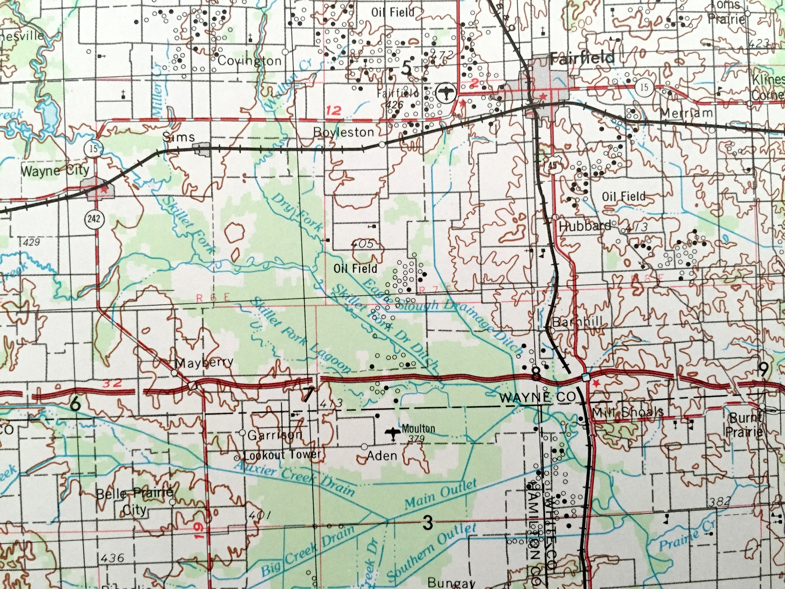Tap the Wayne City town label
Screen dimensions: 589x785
(x=55, y=171)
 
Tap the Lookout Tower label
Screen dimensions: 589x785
(x=283, y=454)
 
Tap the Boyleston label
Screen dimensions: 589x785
(x=344, y=132)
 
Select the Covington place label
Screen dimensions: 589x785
(x=249, y=61)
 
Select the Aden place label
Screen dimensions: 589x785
(x=382, y=455)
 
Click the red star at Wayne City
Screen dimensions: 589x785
(x=104, y=190)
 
